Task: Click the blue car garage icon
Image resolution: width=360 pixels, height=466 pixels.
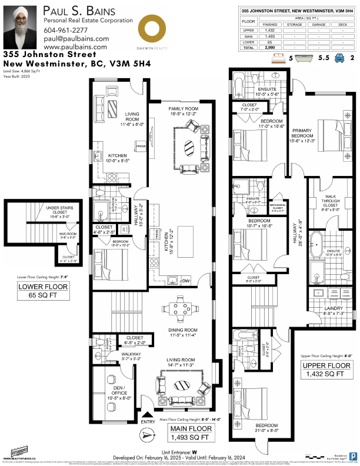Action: [x=339, y=58]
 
